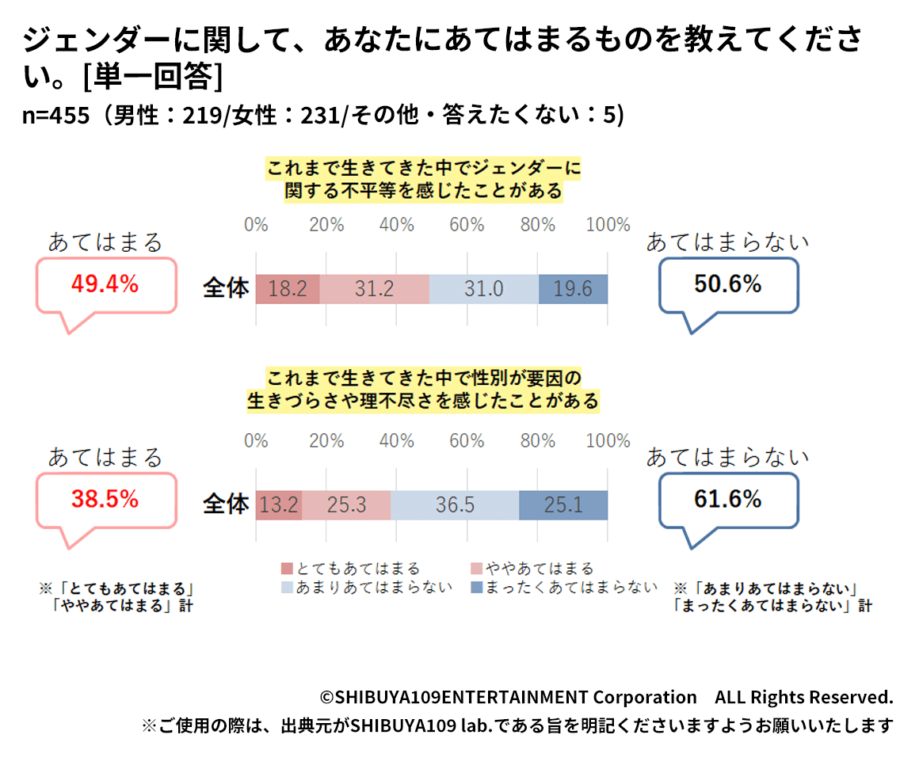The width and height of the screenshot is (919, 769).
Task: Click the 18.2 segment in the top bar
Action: pos(288,289)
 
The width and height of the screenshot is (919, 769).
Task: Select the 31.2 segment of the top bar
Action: pos(374,289)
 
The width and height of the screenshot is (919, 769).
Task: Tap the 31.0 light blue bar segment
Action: pos(483,289)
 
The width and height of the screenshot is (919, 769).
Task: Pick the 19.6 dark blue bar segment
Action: pos(573,289)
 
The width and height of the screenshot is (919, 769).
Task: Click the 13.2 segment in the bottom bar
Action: pos(279,505)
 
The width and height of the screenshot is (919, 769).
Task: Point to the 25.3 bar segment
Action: pos(346,505)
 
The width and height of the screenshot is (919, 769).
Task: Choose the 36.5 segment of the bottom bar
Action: pos(455,505)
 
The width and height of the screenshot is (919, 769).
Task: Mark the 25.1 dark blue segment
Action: pos(563,505)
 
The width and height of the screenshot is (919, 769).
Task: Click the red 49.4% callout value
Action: pos(105,284)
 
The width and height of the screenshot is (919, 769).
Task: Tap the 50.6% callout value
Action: pos(727,284)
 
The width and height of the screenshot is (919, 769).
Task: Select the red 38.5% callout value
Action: pos(105,499)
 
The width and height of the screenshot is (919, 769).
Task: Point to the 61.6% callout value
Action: pos(727,499)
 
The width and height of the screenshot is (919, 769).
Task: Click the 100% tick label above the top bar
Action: pos(608,225)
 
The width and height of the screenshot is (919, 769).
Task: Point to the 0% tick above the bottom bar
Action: pos(256,441)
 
